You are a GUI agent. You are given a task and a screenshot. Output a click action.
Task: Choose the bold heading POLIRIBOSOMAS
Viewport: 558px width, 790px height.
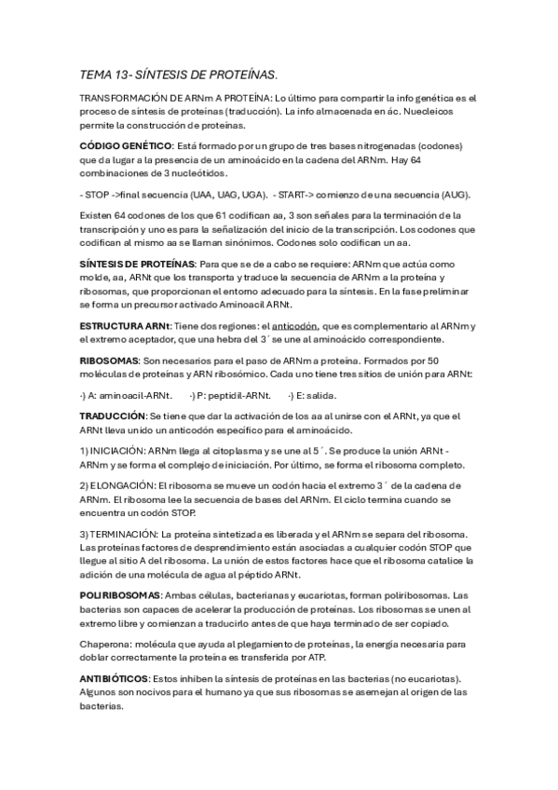[x=120, y=594]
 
